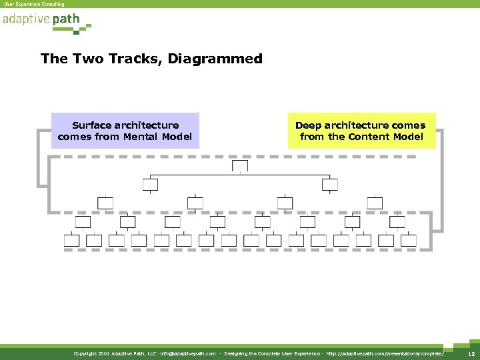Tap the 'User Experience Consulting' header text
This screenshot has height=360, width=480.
click(x=35, y=4)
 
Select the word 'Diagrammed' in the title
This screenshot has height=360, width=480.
click(x=215, y=59)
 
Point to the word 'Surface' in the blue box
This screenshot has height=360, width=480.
click(x=92, y=125)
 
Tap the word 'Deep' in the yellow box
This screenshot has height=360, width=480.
click(x=308, y=125)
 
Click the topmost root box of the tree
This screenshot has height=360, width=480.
click(x=239, y=166)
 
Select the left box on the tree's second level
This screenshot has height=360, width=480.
click(x=150, y=184)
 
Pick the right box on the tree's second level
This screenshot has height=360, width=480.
click(x=330, y=184)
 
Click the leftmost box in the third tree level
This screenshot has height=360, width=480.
click(x=105, y=203)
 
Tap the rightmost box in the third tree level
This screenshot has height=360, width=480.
click(x=375, y=203)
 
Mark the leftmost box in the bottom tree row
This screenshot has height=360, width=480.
click(x=71, y=240)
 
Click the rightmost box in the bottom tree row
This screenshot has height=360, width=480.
click(x=408, y=240)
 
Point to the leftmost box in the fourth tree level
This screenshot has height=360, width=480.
click(x=83, y=221)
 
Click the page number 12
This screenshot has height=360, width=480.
click(x=470, y=353)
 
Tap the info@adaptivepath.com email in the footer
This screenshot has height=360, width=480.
click(x=189, y=353)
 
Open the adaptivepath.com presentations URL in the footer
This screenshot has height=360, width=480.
click(x=384, y=353)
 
